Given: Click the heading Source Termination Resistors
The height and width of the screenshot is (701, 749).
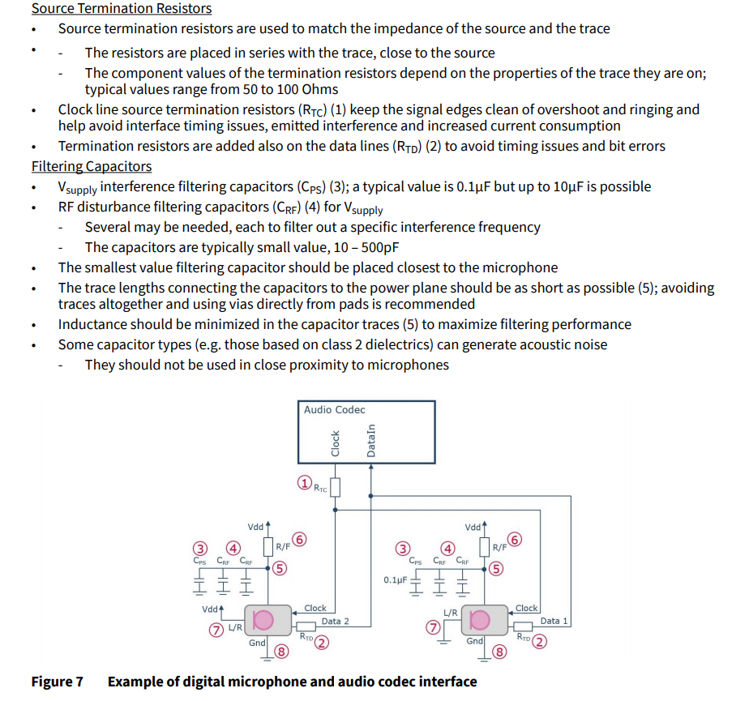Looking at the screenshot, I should coord(122,9).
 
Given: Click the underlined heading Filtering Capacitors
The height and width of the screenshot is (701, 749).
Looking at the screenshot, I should coord(92,166).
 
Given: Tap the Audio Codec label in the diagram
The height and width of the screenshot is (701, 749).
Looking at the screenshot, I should coord(334,410).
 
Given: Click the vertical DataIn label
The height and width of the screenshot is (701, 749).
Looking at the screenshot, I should coord(371,441).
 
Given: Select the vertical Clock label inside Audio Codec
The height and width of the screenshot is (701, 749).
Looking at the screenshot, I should coord(335,442).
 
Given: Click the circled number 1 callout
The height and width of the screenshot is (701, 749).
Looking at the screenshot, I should coord(303,484).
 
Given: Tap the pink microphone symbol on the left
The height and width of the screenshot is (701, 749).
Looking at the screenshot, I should coord(262,621).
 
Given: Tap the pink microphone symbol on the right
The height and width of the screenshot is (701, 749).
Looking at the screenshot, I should coord(480,621).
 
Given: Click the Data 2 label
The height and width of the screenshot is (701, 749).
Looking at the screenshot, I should coord(335,622).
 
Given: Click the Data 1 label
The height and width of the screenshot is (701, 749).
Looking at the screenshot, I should coord(554,622).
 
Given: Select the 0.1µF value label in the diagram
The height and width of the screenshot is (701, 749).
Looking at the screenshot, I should coord(396,580).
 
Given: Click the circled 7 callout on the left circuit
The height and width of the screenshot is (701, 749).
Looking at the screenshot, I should coord(216,629).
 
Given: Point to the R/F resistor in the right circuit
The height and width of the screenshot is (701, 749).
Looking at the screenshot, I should coord(485,547).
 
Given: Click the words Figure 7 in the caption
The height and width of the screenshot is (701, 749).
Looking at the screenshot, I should coord(57,682).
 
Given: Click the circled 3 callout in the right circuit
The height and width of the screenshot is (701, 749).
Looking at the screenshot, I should coord(402,548).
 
